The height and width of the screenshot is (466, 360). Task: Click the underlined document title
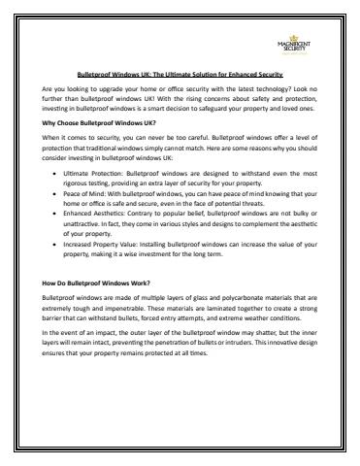pyautogui.click(x=180, y=72)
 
